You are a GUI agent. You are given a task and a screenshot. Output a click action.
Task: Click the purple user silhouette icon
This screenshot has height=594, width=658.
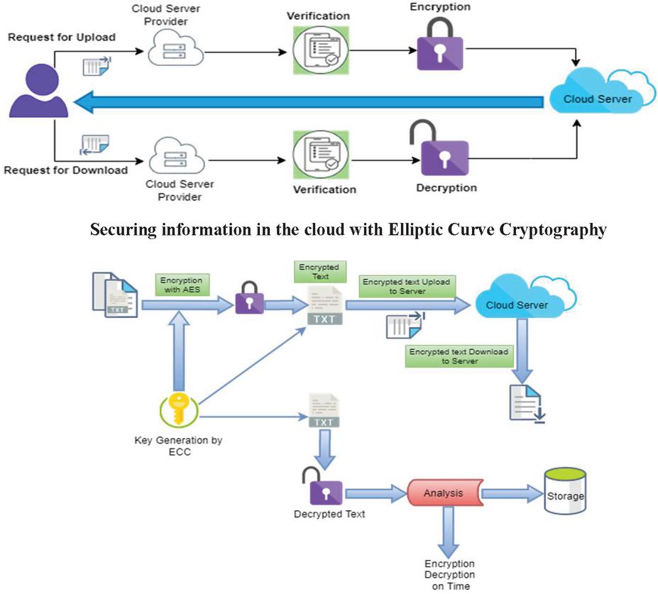(38, 90)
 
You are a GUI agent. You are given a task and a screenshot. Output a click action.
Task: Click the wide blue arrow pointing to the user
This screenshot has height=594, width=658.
(312, 105)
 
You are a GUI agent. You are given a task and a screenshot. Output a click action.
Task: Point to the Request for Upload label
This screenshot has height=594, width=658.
(61, 37)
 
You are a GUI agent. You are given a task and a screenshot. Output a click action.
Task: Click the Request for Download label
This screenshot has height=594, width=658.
(65, 170)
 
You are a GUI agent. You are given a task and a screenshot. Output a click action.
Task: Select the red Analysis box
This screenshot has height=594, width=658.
(444, 493)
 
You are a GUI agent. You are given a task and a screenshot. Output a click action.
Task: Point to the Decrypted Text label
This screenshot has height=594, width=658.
(329, 514)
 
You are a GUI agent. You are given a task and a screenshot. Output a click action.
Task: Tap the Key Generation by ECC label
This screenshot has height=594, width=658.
(178, 446)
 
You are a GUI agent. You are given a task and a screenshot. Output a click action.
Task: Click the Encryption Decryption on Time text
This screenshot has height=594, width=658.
(450, 575)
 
